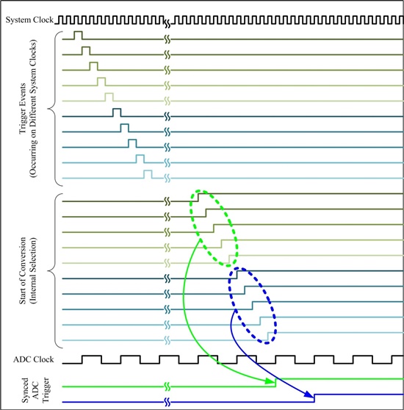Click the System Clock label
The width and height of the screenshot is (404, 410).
(x=29, y=20)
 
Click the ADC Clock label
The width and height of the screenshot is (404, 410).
(x=34, y=359)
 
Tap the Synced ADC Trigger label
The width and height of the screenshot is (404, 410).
(x=35, y=390)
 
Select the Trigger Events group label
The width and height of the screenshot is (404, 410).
(x=28, y=109)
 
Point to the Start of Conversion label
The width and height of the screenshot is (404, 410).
(x=28, y=270)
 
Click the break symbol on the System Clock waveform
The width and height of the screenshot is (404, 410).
(x=167, y=24)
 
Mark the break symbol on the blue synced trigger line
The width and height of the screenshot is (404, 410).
(x=167, y=402)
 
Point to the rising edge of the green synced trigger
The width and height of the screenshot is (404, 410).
(x=276, y=383)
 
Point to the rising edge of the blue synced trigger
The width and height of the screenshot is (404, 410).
(x=314, y=398)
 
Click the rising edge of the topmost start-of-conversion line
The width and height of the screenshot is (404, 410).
(x=198, y=198)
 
